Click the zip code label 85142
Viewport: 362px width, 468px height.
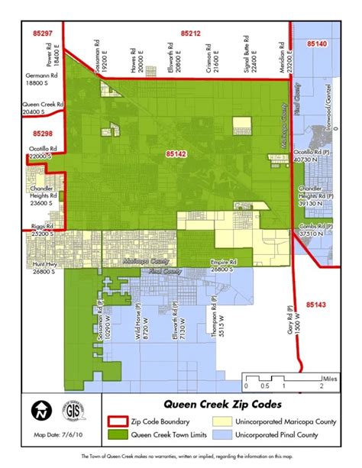pos(176,155)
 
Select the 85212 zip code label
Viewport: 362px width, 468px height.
pos(191,34)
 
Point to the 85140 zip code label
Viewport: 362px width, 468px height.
pos(316,46)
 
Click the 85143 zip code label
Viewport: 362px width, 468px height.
pos(315,305)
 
